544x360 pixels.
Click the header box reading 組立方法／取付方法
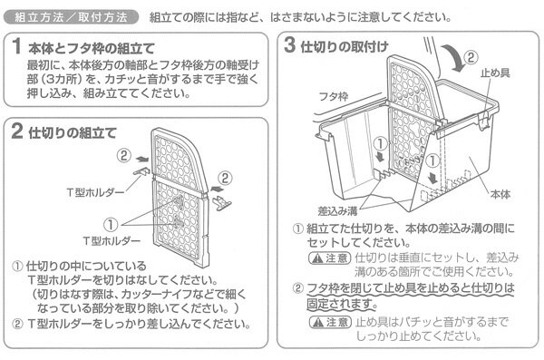tap(71, 17)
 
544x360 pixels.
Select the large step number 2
tap(17, 132)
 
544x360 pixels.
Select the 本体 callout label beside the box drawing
tap(500, 193)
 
